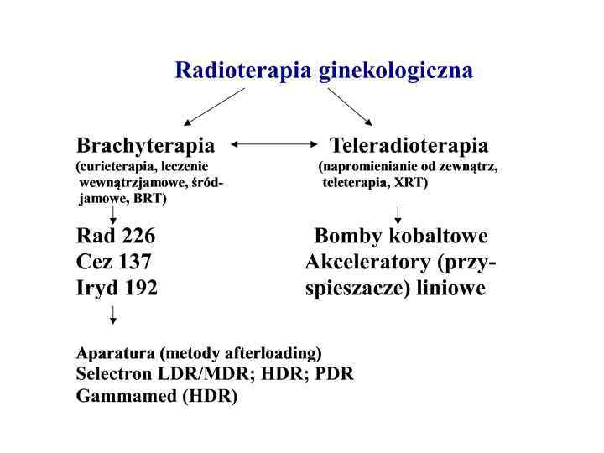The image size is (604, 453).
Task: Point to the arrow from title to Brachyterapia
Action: [214, 107]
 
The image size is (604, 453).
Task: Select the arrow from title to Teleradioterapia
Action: [350, 107]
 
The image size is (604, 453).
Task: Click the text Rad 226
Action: [116, 237]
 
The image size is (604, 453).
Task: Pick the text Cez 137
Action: [114, 263]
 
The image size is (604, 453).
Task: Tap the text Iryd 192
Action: [117, 288]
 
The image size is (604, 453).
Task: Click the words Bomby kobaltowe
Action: [401, 237]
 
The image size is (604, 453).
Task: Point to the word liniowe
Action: [453, 288]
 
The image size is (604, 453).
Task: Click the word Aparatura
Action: [116, 352]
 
